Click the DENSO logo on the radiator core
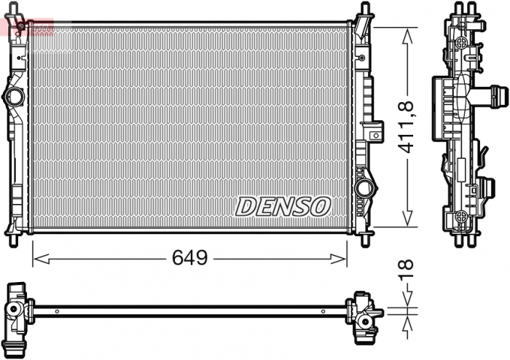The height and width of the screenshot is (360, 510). pos(283,206)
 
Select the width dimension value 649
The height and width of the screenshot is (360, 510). pos(189,257)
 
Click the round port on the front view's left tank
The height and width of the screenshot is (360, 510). pos(14,96)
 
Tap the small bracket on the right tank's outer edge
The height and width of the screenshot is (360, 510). pos(374,132)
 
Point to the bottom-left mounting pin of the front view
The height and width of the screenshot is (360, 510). pos(14,238)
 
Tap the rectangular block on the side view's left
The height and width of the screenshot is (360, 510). pos(442,96)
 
